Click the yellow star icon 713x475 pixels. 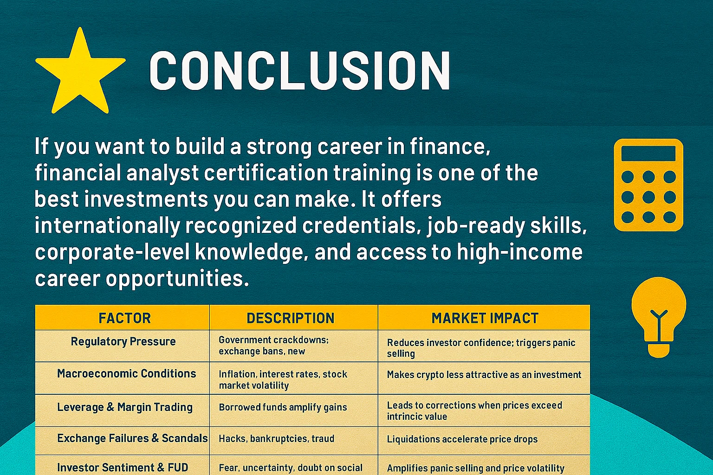[80, 72]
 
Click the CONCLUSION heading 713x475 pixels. [299, 71]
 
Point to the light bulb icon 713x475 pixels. [658, 315]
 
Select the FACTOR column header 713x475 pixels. [124, 318]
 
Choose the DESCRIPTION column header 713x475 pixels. [290, 318]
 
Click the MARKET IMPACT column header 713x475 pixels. [485, 318]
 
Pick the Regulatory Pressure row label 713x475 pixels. [123, 342]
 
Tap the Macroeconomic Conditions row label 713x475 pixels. [126, 374]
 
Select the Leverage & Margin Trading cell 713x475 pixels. [124, 407]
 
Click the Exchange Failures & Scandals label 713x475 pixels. [132, 438]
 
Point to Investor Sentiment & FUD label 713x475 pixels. [123, 468]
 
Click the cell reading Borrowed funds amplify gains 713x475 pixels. [283, 407]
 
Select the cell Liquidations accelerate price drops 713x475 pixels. [462, 439]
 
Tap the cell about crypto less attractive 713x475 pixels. [484, 375]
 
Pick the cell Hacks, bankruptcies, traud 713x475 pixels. [276, 439]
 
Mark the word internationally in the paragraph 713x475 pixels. [107, 226]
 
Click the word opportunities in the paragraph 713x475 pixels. [177, 279]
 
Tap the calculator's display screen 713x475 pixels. [648, 154]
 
